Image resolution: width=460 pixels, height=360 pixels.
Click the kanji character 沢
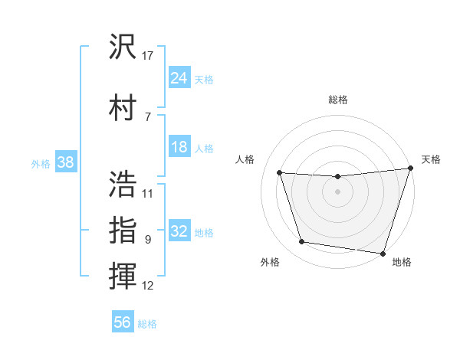click(123, 47)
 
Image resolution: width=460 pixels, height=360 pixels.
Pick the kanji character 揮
click(123, 276)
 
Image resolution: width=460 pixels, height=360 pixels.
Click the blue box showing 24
click(179, 77)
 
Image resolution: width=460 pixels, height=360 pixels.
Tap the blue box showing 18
click(179, 147)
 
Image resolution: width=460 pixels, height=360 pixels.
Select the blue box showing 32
click(179, 231)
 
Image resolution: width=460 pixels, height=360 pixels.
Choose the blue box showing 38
click(65, 162)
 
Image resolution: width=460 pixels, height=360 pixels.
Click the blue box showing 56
click(123, 322)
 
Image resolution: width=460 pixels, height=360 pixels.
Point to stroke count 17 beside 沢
click(148, 55)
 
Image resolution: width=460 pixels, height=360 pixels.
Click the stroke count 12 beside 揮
click(148, 286)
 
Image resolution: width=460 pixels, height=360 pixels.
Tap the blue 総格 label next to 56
click(147, 324)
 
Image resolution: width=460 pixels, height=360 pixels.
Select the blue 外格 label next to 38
click(41, 163)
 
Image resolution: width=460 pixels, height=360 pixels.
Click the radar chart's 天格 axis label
click(431, 159)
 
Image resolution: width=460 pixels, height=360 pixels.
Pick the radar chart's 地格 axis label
click(402, 262)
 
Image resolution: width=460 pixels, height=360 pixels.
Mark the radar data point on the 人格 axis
click(280, 173)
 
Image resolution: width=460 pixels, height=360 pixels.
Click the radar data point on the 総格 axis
click(337, 176)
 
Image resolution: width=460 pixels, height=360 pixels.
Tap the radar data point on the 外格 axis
click(302, 242)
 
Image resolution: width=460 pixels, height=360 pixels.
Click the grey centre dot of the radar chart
click(337, 192)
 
